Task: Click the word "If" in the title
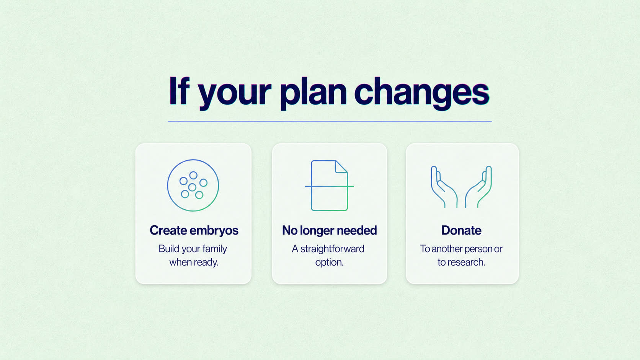[179, 91]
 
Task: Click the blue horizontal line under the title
[330, 122]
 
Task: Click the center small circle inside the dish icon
[192, 187]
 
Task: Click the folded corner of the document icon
[341, 167]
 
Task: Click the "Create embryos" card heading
[194, 230]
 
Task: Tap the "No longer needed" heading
[330, 230]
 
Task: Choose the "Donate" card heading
[461, 230]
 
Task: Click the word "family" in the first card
[215, 249]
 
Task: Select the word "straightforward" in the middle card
[332, 249]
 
